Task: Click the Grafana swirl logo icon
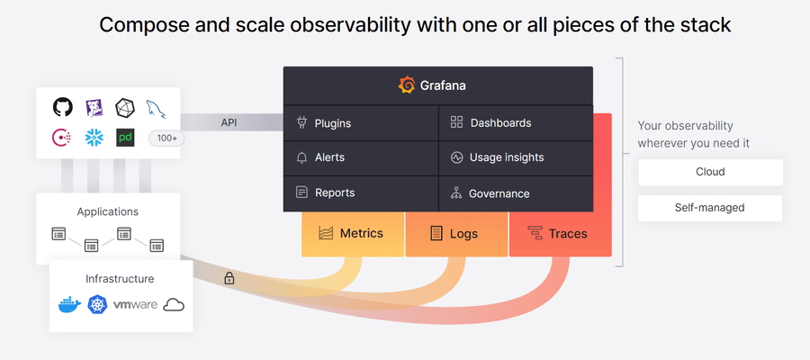pos(407,85)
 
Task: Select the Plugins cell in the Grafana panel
pos(361,123)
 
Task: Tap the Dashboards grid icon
pos(456,122)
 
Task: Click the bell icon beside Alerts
pos(301,157)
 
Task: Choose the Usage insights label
pos(506,157)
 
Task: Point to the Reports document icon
pos(301,193)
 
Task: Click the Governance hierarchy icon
pos(456,193)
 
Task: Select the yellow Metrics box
pos(353,234)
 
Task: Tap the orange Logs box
pos(456,234)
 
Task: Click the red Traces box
pos(561,234)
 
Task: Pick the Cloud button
pos(710,172)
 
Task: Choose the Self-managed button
pos(710,208)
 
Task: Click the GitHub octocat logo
pos(63,107)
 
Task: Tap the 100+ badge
pos(166,139)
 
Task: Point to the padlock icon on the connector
pos(229,278)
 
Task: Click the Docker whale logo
pos(69,305)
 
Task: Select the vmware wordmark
pos(135,305)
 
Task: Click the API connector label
pos(229,123)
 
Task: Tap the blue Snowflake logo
pos(94,138)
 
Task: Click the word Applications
pos(108,211)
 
